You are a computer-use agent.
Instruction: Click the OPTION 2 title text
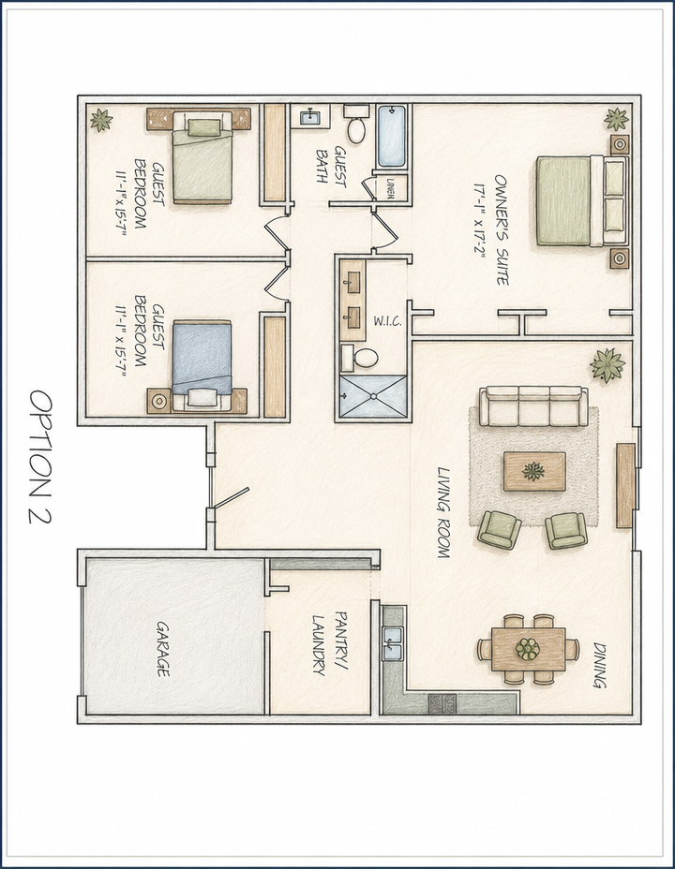(x=40, y=457)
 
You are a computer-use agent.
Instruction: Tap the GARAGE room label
(x=162, y=648)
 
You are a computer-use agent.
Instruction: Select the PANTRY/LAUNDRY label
(x=328, y=643)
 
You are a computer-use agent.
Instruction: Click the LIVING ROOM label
(x=443, y=512)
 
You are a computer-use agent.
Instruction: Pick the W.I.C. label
(x=387, y=321)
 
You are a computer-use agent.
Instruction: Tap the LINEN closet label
(x=390, y=187)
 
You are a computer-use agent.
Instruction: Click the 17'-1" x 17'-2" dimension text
(x=480, y=218)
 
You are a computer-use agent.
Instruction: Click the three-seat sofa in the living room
(x=533, y=406)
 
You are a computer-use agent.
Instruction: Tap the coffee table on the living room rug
(x=534, y=472)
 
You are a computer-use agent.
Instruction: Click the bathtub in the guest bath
(x=392, y=136)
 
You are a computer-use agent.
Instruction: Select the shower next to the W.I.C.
(x=373, y=396)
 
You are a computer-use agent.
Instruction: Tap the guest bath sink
(x=308, y=117)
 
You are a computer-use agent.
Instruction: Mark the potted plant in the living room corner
(x=608, y=364)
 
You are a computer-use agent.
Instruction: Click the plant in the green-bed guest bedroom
(x=101, y=120)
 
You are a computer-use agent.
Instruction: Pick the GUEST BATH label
(x=331, y=165)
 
